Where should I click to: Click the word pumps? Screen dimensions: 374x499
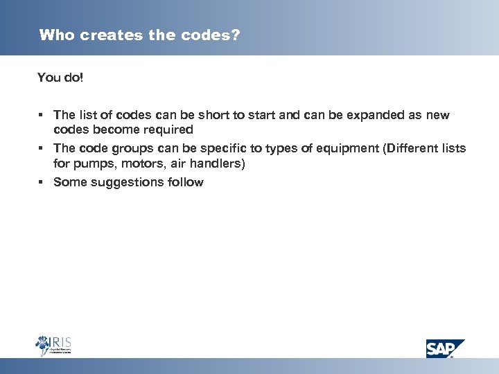pos(92,163)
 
